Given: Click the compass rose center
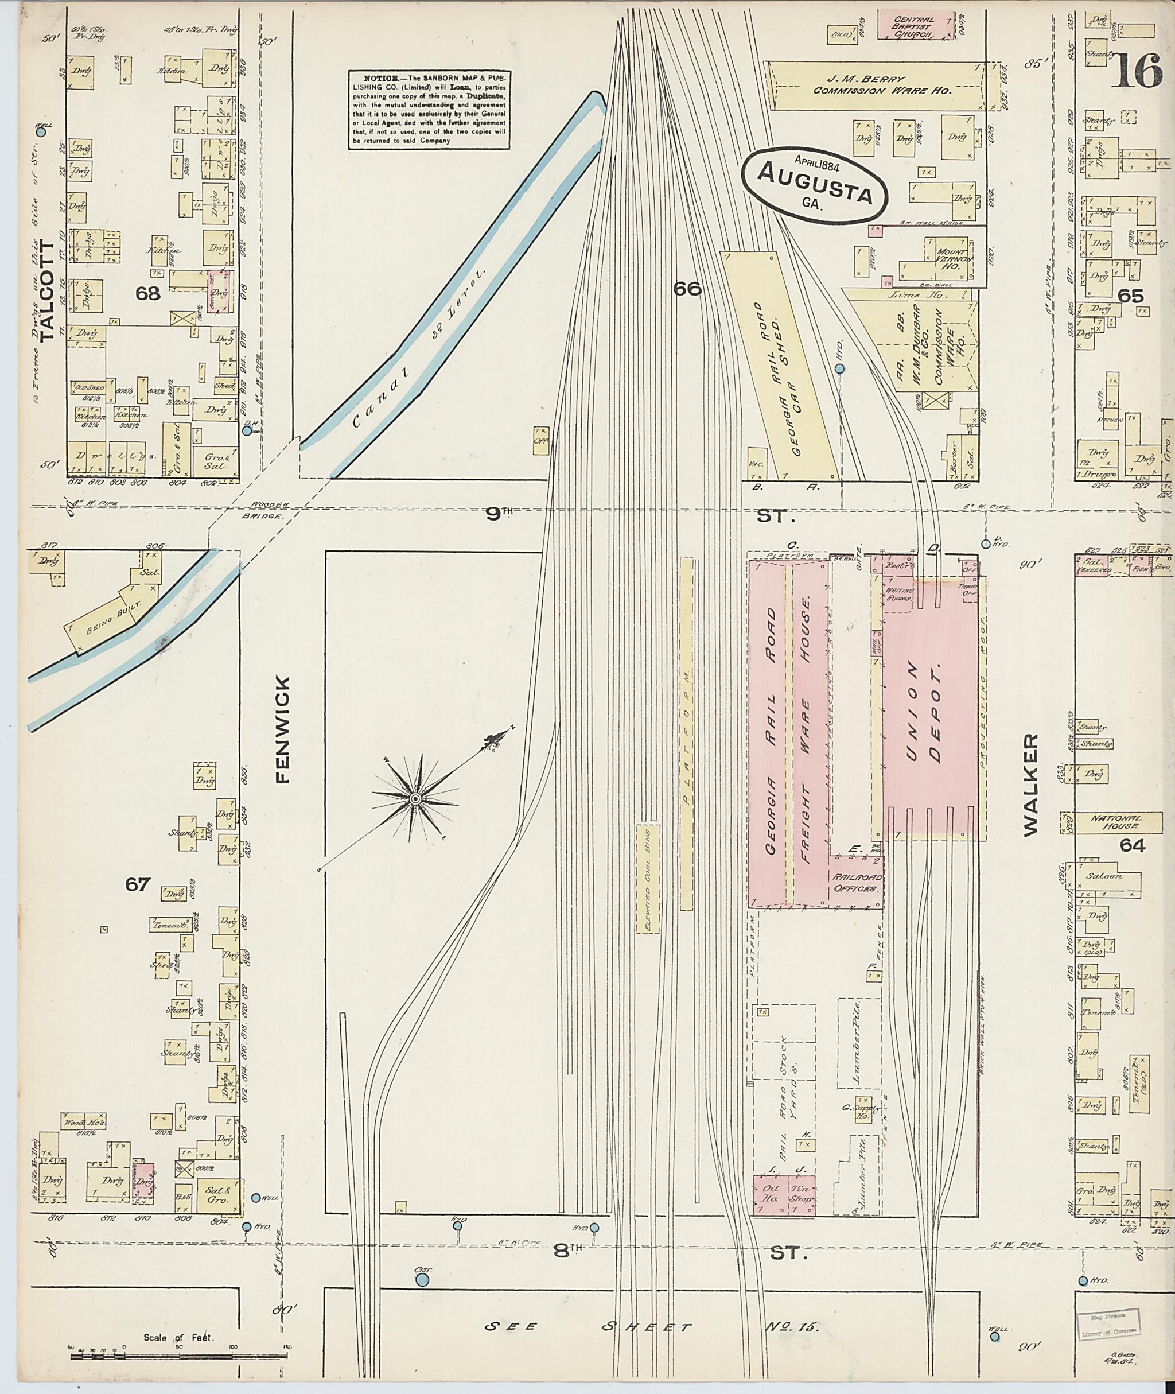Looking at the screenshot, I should [x=414, y=798].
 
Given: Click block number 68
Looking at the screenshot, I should [x=147, y=293].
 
